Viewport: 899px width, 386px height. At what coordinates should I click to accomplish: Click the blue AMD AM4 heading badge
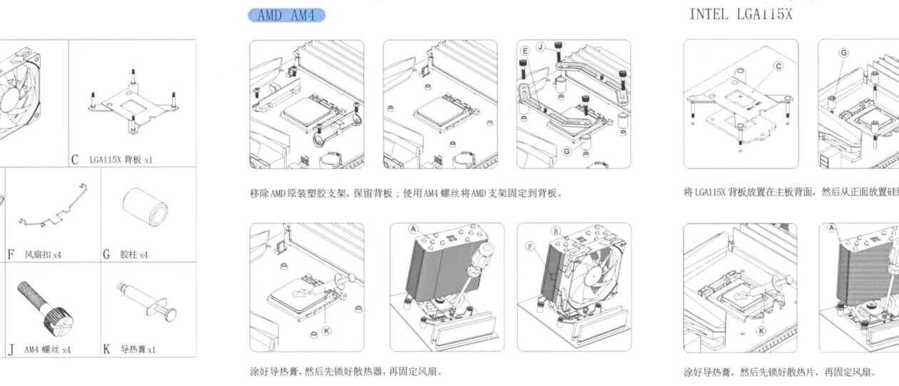(286, 15)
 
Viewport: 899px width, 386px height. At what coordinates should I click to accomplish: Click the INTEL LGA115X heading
(741, 14)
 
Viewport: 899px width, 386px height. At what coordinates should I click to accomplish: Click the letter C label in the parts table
(74, 160)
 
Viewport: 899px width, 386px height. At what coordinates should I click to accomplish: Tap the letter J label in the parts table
(11, 350)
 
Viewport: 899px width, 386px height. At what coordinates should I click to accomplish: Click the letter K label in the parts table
(106, 350)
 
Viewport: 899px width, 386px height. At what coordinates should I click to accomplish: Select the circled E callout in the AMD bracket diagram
(525, 51)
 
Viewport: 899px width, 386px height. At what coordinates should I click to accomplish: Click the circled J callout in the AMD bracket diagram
(541, 46)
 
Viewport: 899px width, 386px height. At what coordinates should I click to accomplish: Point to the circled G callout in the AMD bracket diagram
(567, 151)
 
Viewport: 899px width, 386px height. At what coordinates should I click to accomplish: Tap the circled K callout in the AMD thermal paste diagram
(326, 330)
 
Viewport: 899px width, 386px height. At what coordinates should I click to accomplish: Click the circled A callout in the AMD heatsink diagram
(412, 229)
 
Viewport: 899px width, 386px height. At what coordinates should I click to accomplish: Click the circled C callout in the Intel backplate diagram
(778, 66)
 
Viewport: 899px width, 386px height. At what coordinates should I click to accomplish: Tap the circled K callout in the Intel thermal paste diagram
(761, 330)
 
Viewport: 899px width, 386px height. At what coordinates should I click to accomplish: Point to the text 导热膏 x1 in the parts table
(138, 350)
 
